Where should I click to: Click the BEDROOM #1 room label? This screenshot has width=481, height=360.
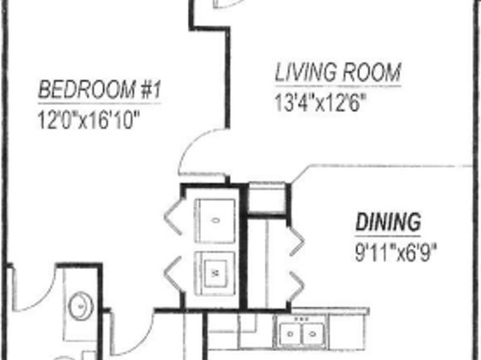coord(99,90)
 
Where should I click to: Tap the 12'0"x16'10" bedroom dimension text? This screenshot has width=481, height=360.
coord(89,119)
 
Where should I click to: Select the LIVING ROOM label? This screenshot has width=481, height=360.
coord(337,73)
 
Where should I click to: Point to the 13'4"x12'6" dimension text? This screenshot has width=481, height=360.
coord(320,103)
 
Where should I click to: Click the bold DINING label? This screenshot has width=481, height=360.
coord(388,222)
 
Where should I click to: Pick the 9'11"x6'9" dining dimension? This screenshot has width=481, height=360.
coord(395,253)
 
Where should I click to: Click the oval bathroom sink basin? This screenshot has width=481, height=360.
coord(81,306)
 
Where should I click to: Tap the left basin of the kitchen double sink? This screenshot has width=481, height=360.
coord(291,333)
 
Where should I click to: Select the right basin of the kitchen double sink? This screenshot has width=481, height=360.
coord(313,333)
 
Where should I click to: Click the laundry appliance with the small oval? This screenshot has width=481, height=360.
coord(215,220)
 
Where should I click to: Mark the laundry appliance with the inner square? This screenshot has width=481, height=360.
coord(215,274)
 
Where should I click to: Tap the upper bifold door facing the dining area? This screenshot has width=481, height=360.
coord(297,241)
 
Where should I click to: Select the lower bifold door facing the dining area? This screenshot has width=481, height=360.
coord(297,287)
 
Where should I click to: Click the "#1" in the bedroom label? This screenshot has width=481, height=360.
coord(150,90)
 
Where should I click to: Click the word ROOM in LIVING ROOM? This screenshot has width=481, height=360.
coord(371,73)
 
